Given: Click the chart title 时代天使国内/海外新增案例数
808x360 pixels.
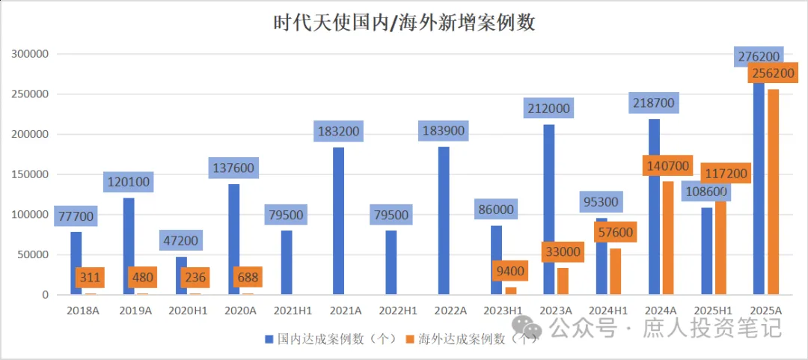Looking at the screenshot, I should [x=404, y=23].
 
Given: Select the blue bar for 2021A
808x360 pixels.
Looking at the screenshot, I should [x=338, y=221].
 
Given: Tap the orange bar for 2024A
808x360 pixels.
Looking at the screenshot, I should [x=668, y=237].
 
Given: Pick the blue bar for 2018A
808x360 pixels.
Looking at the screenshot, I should [x=76, y=263].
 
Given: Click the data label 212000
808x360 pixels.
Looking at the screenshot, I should [x=548, y=109].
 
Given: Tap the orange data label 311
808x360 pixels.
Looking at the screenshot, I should [x=90, y=278].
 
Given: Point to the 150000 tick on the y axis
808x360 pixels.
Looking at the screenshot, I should [x=29, y=174].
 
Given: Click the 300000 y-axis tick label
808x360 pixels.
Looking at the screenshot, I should [x=29, y=54].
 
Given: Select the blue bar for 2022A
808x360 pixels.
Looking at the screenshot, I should [x=444, y=221].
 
